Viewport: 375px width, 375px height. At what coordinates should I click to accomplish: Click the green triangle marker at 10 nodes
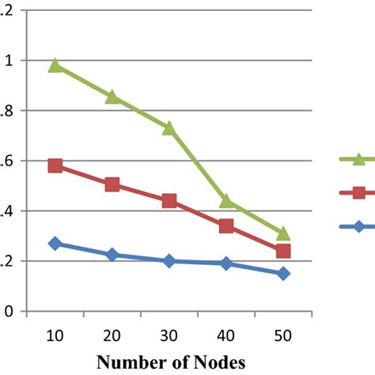[x=55, y=65]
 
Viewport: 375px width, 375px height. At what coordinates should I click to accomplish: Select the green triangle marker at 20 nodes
[x=112, y=97]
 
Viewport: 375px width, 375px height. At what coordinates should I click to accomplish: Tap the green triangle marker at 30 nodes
[x=169, y=127]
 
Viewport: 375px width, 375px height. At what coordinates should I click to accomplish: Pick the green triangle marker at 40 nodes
[x=226, y=201]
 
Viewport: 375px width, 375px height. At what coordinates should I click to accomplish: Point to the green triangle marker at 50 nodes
[x=283, y=233]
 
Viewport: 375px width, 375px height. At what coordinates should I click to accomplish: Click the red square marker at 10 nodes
[x=55, y=166]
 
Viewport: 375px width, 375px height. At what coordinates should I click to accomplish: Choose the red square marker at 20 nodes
[x=112, y=184]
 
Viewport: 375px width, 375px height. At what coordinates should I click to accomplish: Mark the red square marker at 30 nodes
[x=169, y=201]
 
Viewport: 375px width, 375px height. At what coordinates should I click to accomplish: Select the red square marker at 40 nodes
[x=226, y=226]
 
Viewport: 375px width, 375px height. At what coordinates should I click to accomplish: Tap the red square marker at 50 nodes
[x=283, y=251]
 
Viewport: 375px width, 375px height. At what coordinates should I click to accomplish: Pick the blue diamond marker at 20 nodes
[x=112, y=255]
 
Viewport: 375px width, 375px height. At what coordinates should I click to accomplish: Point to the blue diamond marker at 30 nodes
[x=169, y=260]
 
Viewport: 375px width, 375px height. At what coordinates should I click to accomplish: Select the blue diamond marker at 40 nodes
[x=226, y=263]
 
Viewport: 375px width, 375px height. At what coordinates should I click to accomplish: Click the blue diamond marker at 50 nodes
[x=283, y=274]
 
